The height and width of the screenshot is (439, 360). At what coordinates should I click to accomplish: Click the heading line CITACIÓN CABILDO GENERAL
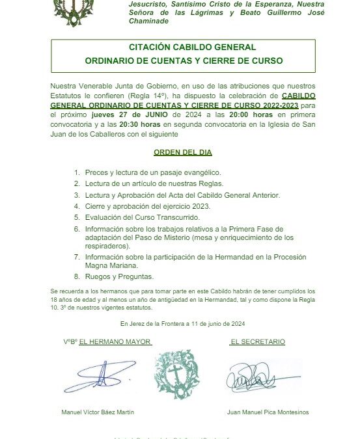pos(183,47)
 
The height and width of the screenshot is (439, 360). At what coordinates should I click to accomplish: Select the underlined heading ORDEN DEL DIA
pos(182,152)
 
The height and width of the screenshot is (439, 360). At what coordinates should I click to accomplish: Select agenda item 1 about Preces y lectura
pos(153,172)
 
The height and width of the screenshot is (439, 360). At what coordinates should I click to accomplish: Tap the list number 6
pos(76,229)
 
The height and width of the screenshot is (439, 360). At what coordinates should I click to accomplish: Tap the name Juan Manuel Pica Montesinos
pos(268,412)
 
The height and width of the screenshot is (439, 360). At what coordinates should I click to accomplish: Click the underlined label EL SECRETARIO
pos(258,342)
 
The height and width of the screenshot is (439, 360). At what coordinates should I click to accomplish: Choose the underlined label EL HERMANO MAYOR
pos(115,342)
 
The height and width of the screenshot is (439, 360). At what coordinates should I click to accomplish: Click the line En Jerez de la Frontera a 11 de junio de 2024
pos(182,323)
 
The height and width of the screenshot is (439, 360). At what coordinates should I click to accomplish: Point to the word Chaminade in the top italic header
pos(147,21)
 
